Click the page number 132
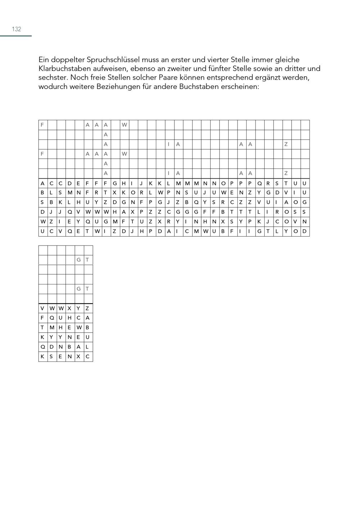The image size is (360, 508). pos(17,29)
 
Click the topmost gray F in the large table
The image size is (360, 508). pos(42,125)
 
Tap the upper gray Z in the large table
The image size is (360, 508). pos(286,144)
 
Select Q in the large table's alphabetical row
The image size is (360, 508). pos(259,183)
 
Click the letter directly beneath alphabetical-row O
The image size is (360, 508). pos(223,193)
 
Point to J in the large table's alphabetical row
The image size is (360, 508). pos(141,183)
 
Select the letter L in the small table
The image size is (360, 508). pos(87,347)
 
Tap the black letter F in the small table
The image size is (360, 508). pos(42,318)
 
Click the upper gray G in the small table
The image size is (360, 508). pos(78,260)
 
